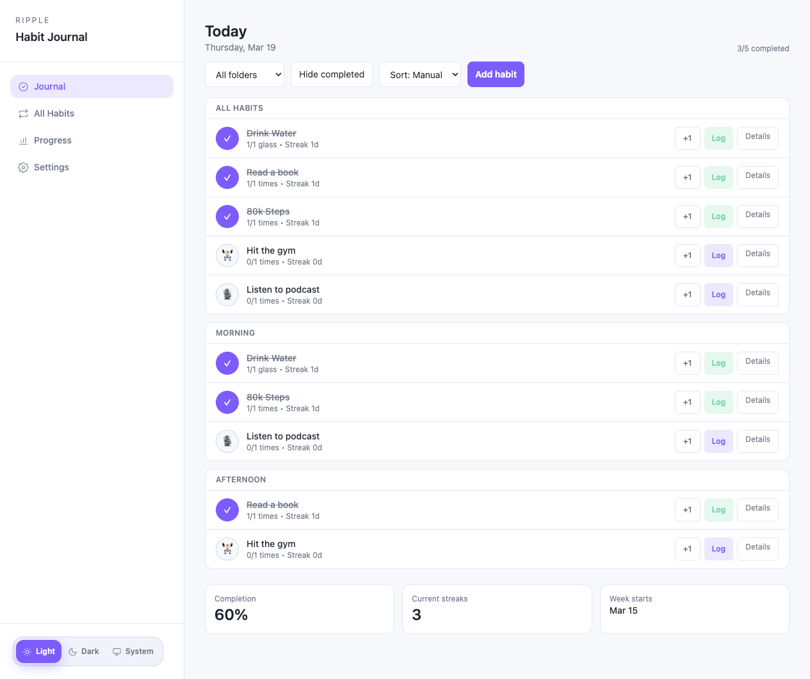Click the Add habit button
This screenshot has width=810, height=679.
[x=496, y=74]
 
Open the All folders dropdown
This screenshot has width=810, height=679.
[x=245, y=74]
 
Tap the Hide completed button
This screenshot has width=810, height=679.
[x=331, y=74]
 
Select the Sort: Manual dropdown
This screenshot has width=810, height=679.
[x=420, y=74]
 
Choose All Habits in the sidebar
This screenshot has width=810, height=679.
[x=54, y=113]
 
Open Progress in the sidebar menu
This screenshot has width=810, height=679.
[x=53, y=140]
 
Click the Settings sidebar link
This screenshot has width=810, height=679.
[x=51, y=167]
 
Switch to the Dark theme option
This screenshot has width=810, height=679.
[x=84, y=651]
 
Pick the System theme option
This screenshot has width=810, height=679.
[x=133, y=651]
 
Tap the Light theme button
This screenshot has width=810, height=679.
[x=39, y=651]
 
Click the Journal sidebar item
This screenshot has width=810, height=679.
[x=50, y=86]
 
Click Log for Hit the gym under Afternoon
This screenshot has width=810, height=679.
[x=718, y=549]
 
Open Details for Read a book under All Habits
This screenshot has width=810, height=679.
[x=757, y=176]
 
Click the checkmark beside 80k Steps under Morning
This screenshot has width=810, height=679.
[x=227, y=402]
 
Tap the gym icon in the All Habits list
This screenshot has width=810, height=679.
[x=227, y=256]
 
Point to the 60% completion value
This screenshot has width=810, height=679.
[x=231, y=615]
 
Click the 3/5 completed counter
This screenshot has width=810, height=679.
[x=763, y=49]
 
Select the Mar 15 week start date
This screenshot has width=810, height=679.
[x=624, y=610]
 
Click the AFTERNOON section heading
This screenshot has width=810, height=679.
[x=241, y=480]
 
